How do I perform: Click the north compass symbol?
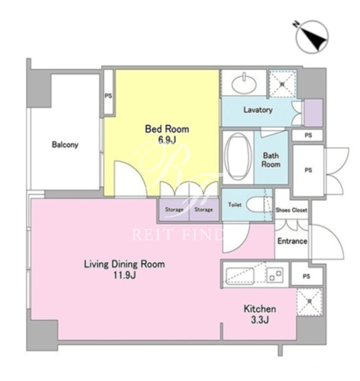tap(312, 37)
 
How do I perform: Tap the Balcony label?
tap(65, 144)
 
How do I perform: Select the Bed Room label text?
tap(167, 128)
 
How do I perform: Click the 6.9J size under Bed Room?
tap(167, 140)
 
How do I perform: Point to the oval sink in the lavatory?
tap(244, 83)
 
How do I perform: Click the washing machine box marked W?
tap(282, 84)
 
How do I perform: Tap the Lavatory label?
tap(258, 110)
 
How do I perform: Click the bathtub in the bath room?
tap(238, 157)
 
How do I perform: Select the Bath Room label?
tap(271, 160)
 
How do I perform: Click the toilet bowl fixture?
tap(258, 204)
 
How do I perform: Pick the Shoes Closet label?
tap(291, 210)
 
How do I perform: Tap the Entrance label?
tap(292, 241)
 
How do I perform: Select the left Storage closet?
tap(174, 210)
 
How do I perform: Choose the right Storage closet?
tap(204, 210)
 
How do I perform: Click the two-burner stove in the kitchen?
tap(274, 274)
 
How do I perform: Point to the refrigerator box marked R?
tap(309, 302)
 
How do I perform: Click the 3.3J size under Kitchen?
tap(260, 320)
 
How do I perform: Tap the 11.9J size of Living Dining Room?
tap(125, 275)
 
